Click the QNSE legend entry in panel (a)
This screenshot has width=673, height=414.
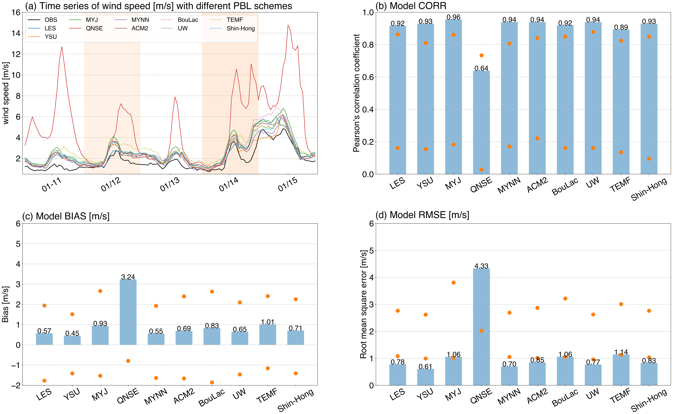(x=94, y=28)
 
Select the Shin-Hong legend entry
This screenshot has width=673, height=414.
(x=240, y=29)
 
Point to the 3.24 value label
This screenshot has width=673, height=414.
(x=128, y=277)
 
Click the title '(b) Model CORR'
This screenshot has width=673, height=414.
(x=411, y=6)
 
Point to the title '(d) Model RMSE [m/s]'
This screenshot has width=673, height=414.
(x=422, y=215)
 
